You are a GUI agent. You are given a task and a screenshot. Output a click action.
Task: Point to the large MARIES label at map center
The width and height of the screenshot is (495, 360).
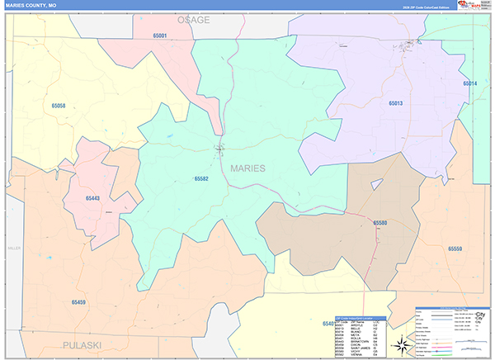click(x=247, y=168)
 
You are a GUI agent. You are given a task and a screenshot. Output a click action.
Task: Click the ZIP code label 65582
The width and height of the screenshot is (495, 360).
click(x=201, y=179)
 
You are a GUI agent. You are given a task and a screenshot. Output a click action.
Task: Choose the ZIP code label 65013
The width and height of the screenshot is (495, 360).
click(x=395, y=104)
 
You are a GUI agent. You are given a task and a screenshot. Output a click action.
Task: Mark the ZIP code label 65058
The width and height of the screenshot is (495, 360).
click(x=58, y=107)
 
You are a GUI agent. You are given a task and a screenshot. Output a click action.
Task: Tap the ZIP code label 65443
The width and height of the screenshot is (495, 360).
click(x=92, y=198)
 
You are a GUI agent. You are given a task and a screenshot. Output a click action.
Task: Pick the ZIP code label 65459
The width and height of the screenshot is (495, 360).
click(x=78, y=303)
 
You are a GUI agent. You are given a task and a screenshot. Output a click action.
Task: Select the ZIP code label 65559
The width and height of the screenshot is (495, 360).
click(x=455, y=249)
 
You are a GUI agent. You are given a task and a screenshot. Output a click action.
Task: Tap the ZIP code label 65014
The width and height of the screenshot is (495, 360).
click(x=470, y=83)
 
